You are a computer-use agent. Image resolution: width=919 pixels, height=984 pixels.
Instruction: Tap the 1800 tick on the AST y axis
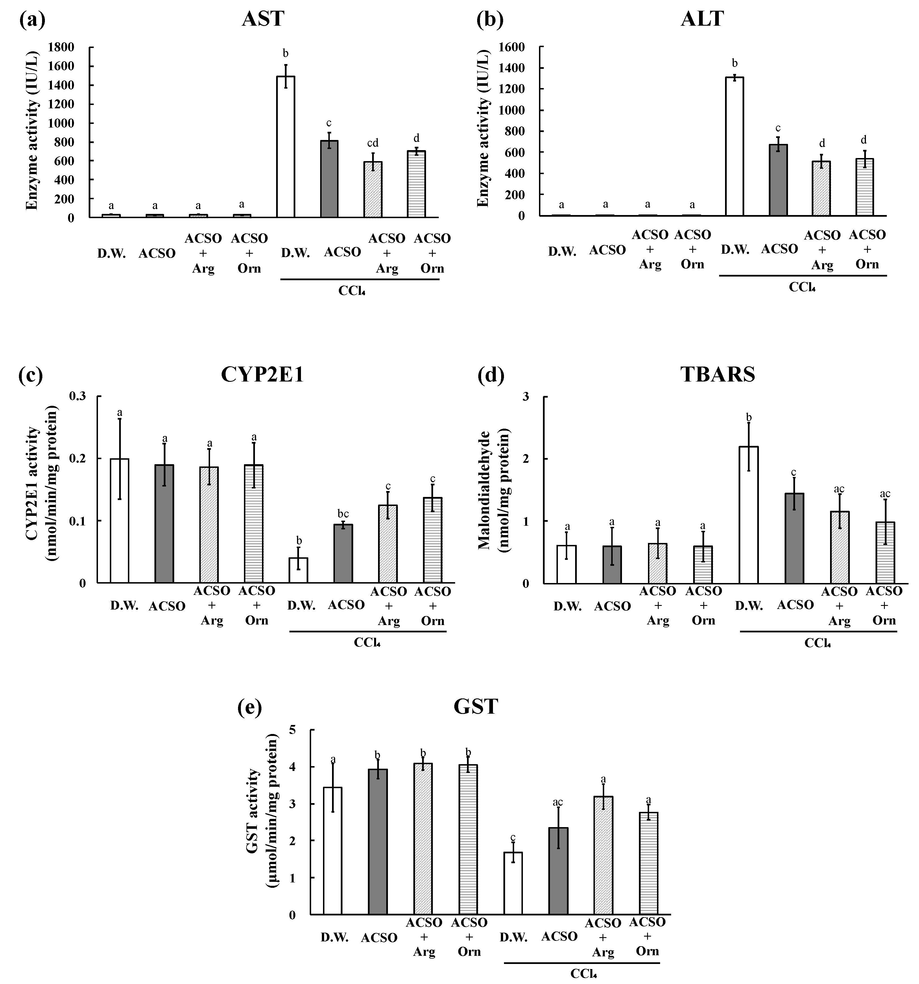click(61, 47)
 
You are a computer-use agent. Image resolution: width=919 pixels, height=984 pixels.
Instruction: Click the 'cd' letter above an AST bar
click(372, 143)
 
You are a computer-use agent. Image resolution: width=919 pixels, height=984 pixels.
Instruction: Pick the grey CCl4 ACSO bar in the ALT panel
click(778, 180)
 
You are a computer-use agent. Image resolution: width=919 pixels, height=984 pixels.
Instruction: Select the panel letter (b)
click(490, 19)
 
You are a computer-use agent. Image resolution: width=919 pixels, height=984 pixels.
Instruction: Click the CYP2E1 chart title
click(262, 375)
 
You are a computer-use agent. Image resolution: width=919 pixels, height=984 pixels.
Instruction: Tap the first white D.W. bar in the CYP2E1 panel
click(119, 521)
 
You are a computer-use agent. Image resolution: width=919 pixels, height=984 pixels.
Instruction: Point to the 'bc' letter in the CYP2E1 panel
click(343, 514)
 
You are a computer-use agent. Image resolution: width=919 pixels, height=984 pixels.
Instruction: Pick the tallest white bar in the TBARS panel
click(749, 515)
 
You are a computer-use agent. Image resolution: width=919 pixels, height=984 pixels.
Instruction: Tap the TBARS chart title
click(717, 375)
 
